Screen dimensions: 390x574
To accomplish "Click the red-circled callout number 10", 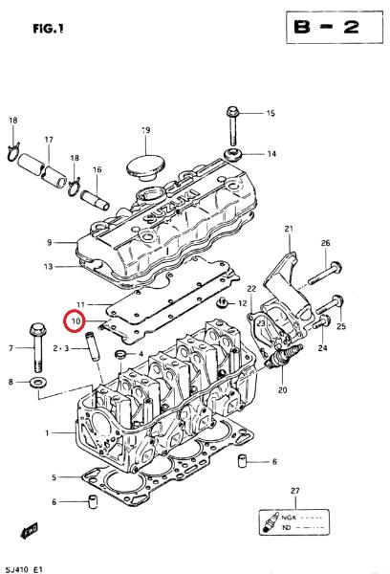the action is tap(76, 321).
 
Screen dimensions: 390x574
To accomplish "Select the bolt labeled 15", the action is tap(232, 125).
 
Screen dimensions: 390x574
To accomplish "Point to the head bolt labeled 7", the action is tap(37, 346).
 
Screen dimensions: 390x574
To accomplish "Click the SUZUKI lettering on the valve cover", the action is tap(171, 208).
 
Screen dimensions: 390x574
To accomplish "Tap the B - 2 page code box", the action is tap(335, 28).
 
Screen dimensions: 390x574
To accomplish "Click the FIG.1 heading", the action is tap(49, 28).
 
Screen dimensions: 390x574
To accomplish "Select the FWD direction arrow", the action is tap(30, 531).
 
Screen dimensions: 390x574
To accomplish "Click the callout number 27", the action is tap(294, 491).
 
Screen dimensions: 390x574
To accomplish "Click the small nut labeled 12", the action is tap(222, 302).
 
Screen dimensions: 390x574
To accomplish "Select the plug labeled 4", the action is tap(120, 354).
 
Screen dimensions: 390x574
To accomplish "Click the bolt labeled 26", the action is tap(325, 273).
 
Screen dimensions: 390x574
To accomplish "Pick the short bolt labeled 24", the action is tap(321, 322).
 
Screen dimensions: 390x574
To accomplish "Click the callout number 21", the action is tap(289, 229).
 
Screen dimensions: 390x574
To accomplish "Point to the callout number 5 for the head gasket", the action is tap(54, 477).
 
